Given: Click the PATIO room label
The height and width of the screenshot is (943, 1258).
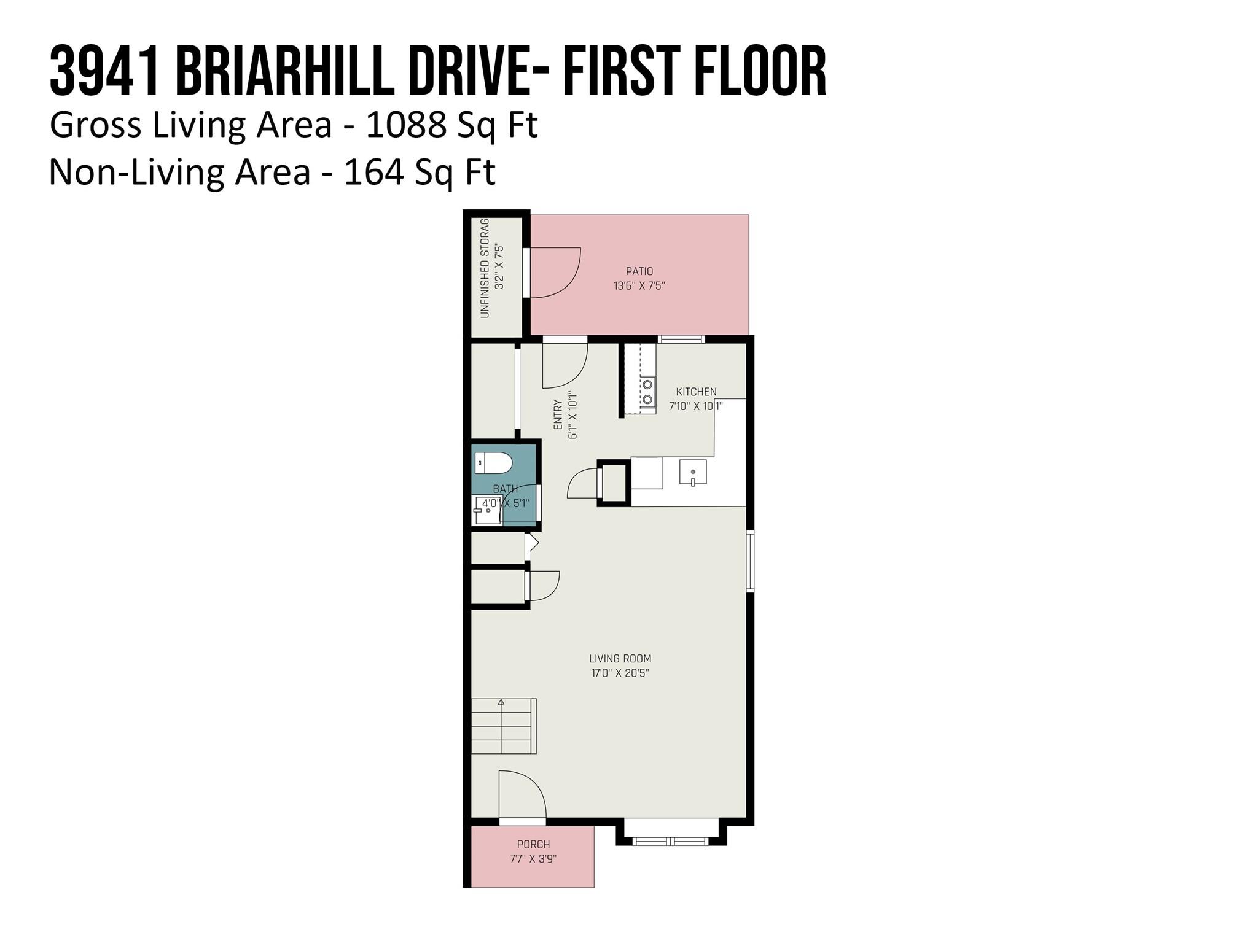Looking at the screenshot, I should pyautogui.click(x=639, y=271).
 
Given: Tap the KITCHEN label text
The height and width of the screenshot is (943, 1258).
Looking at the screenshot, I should pyautogui.click(x=696, y=392).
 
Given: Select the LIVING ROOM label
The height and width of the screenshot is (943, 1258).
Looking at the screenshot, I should pyautogui.click(x=620, y=659).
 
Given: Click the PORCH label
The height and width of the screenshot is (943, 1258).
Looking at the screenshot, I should pyautogui.click(x=533, y=844).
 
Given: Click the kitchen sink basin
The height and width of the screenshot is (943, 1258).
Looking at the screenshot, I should pyautogui.click(x=693, y=473).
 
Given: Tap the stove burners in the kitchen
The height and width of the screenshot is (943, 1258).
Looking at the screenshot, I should pyautogui.click(x=647, y=392).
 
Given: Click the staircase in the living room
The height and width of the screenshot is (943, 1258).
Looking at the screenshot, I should pyautogui.click(x=502, y=726).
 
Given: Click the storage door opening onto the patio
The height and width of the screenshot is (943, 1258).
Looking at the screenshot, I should pyautogui.click(x=553, y=273).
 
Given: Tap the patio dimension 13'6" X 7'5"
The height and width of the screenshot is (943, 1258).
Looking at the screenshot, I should pyautogui.click(x=639, y=285).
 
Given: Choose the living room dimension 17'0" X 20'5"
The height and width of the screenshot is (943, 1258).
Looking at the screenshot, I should pyautogui.click(x=620, y=673).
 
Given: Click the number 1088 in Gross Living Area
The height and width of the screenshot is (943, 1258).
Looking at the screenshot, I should pyautogui.click(x=405, y=125).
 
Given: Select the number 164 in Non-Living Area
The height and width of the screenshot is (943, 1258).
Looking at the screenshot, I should pyautogui.click(x=373, y=172).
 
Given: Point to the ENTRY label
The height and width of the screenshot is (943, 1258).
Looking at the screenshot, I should pyautogui.click(x=558, y=414).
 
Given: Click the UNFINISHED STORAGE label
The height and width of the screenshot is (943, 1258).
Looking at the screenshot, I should pyautogui.click(x=485, y=268).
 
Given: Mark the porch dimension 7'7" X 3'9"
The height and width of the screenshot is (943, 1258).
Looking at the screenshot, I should pyautogui.click(x=533, y=859).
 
